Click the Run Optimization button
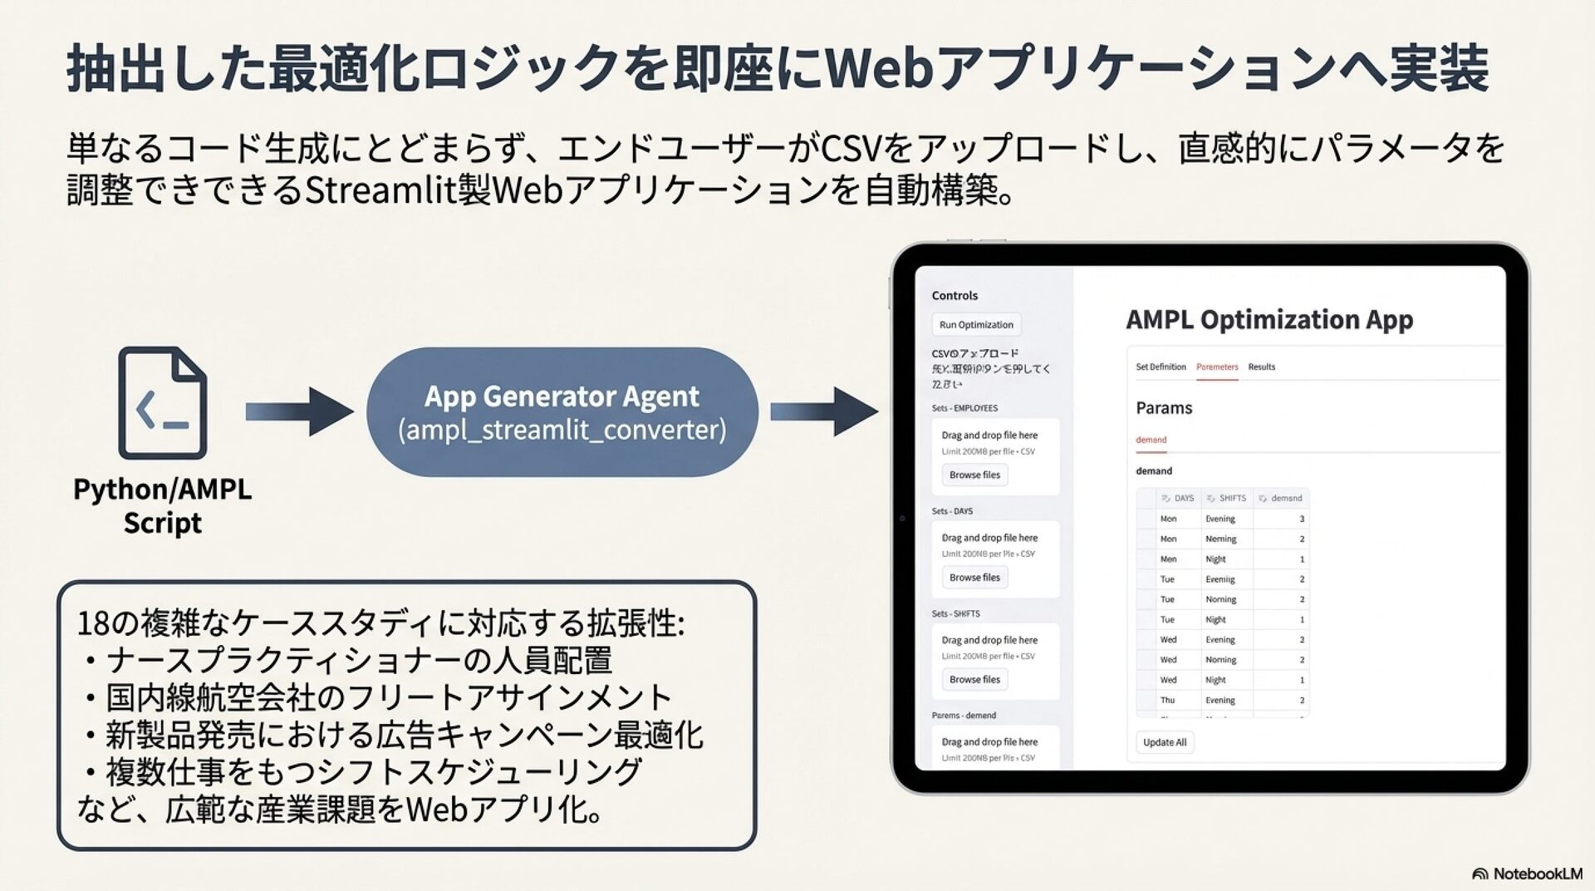point(976,325)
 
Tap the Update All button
point(1164,742)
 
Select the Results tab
point(1261,367)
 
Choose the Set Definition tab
point(1161,367)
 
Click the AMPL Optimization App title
point(1269,320)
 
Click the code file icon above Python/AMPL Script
point(163,403)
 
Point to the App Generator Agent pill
point(562,412)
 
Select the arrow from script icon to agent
point(299,411)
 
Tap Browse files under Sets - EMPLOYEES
point(974,475)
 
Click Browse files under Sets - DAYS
point(974,577)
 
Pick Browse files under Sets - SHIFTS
point(974,679)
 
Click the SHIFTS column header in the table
point(1232,498)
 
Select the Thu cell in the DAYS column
point(1167,700)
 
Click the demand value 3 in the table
point(1301,519)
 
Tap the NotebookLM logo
point(1526,874)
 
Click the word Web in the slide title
point(880,68)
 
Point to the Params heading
point(1164,408)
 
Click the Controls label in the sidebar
point(955,296)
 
